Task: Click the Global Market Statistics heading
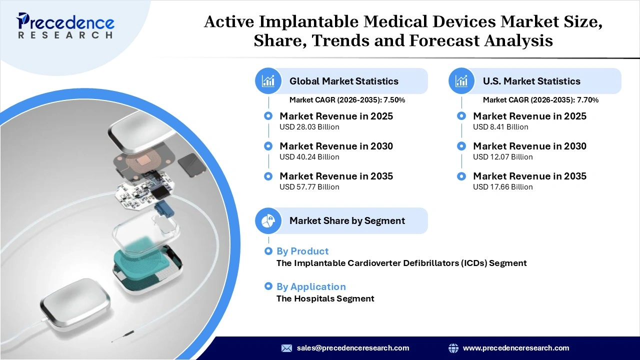tap(343, 81)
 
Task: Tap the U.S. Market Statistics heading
tap(531, 81)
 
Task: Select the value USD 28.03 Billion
tap(309, 127)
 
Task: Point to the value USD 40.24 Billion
tap(309, 157)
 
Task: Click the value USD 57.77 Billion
tap(309, 187)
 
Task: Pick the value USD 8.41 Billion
tap(500, 127)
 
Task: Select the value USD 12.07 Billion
tap(502, 157)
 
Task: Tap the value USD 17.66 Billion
tap(502, 187)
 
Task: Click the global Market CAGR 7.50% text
tap(347, 100)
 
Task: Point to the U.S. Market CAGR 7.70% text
tap(540, 100)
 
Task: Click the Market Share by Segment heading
tap(347, 220)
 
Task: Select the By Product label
tap(302, 251)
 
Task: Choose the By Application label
tap(311, 286)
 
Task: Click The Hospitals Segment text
tap(325, 298)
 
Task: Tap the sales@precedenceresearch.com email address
tap(353, 348)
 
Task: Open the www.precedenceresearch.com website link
tap(516, 348)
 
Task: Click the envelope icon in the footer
tap(286, 348)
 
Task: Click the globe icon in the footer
tap(453, 348)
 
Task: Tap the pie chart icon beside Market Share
tap(268, 220)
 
